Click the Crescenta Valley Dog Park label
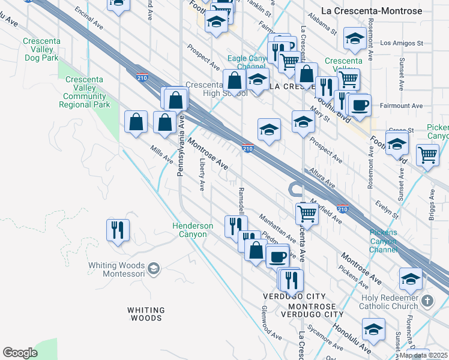[x=41, y=50]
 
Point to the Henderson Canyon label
[x=193, y=230]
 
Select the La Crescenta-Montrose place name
[x=380, y=11]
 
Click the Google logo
[x=20, y=353]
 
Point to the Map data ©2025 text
[x=423, y=355]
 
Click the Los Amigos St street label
[x=402, y=43]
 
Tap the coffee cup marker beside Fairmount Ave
[x=360, y=106]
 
